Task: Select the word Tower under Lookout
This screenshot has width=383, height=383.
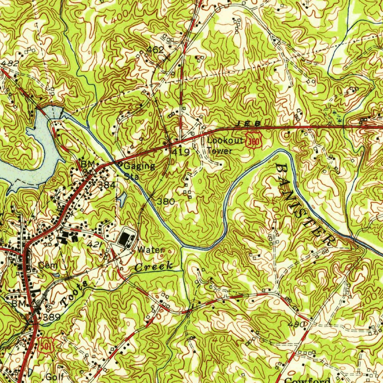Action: [x=220, y=151]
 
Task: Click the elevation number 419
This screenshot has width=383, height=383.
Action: [x=181, y=152]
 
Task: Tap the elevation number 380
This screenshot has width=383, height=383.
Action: [x=165, y=201]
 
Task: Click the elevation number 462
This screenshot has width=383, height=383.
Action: [x=155, y=49]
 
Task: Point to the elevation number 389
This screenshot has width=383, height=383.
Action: [x=52, y=317]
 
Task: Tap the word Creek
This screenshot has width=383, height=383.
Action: [x=154, y=267]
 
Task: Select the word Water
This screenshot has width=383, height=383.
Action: [x=150, y=249]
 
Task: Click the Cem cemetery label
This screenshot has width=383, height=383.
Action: [x=48, y=265]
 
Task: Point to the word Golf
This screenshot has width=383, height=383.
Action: [x=55, y=377]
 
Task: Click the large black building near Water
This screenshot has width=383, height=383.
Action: [x=125, y=239]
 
